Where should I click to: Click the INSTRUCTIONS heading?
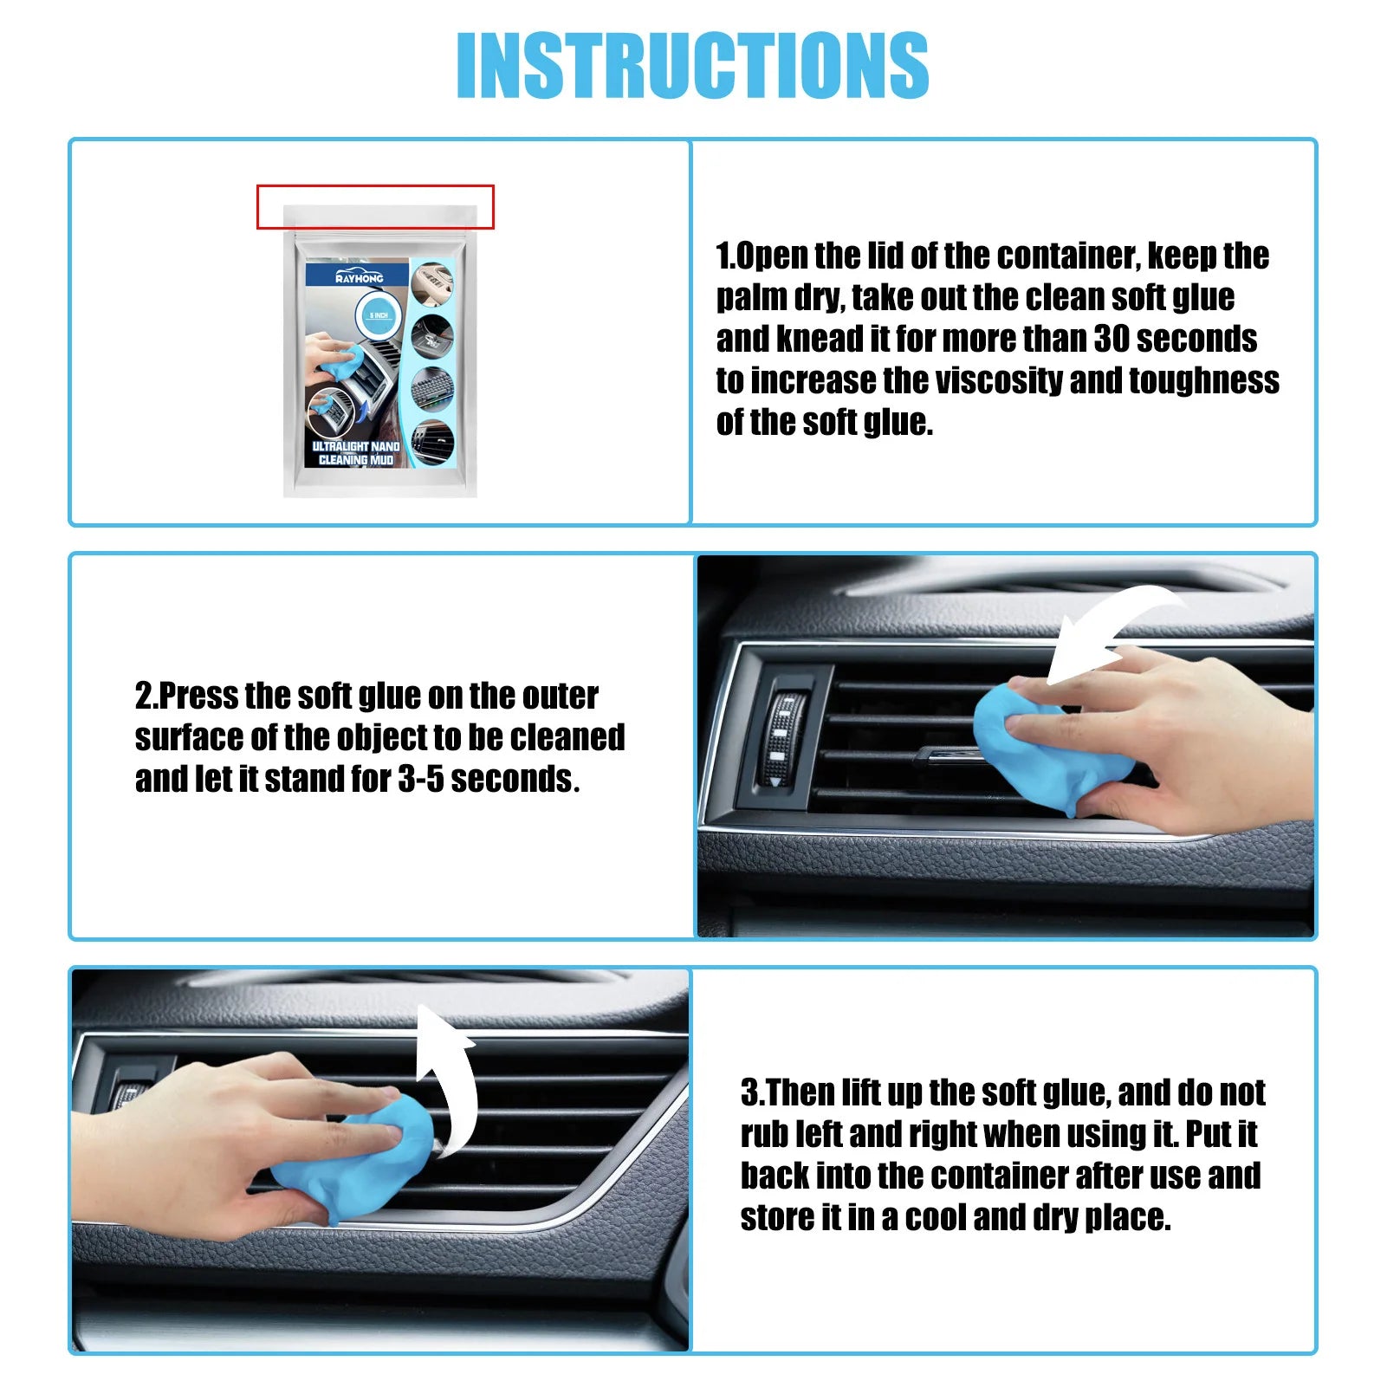[x=692, y=65]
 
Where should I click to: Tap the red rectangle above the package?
[x=375, y=206]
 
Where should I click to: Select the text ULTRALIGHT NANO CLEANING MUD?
[x=355, y=453]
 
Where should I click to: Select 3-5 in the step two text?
[x=421, y=779]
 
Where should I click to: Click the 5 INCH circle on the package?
[x=379, y=314]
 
